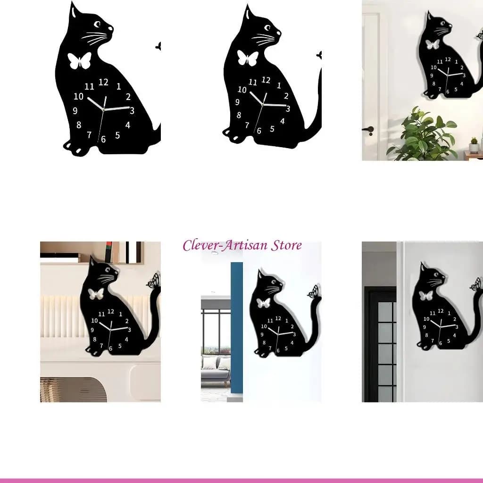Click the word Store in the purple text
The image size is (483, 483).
pyautogui.click(x=286, y=245)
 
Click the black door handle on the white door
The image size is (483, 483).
pyautogui.click(x=368, y=130)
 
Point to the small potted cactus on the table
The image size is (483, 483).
pyautogui.click(x=474, y=145)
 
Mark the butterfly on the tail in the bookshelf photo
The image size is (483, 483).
pyautogui.click(x=154, y=280)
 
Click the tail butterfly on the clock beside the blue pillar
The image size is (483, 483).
pyautogui.click(x=314, y=291)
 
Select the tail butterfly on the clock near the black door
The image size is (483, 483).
pyautogui.click(x=476, y=284)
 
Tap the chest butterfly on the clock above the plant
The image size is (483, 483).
pyautogui.click(x=432, y=44)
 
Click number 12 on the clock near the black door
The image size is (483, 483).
pyautogui.click(x=441, y=311)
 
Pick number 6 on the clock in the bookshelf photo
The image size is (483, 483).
pyautogui.click(x=110, y=349)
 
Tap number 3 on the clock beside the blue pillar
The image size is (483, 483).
pyautogui.click(x=294, y=334)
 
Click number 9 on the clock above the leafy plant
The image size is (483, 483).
pyautogui.click(x=432, y=75)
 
